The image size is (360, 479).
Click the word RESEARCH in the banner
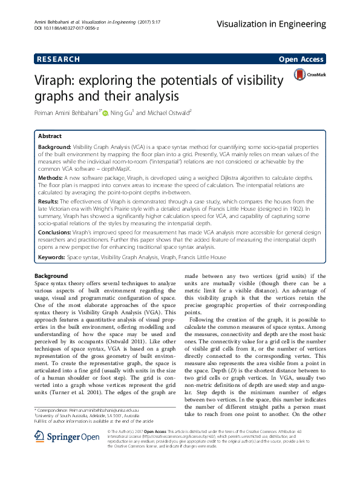pyautogui.click(x=59, y=59)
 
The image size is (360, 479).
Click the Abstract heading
pyautogui.click(x=50, y=136)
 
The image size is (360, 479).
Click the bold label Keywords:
pyautogui.click(x=51, y=257)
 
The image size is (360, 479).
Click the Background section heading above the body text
pyautogui.click(x=51, y=276)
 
